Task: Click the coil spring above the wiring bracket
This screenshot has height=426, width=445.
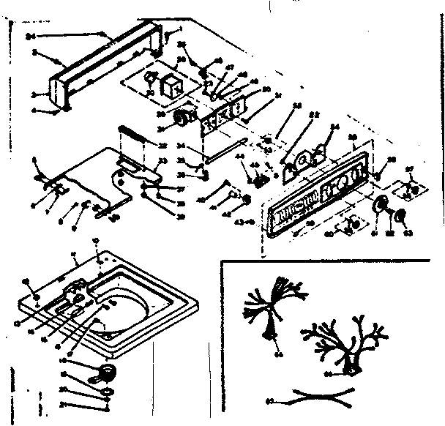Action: click(132, 136)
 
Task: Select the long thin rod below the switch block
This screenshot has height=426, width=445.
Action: click(223, 154)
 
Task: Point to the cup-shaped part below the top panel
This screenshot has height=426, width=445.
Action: click(106, 372)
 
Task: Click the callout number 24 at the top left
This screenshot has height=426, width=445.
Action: click(29, 34)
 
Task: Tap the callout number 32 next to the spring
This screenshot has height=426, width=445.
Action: click(162, 146)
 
